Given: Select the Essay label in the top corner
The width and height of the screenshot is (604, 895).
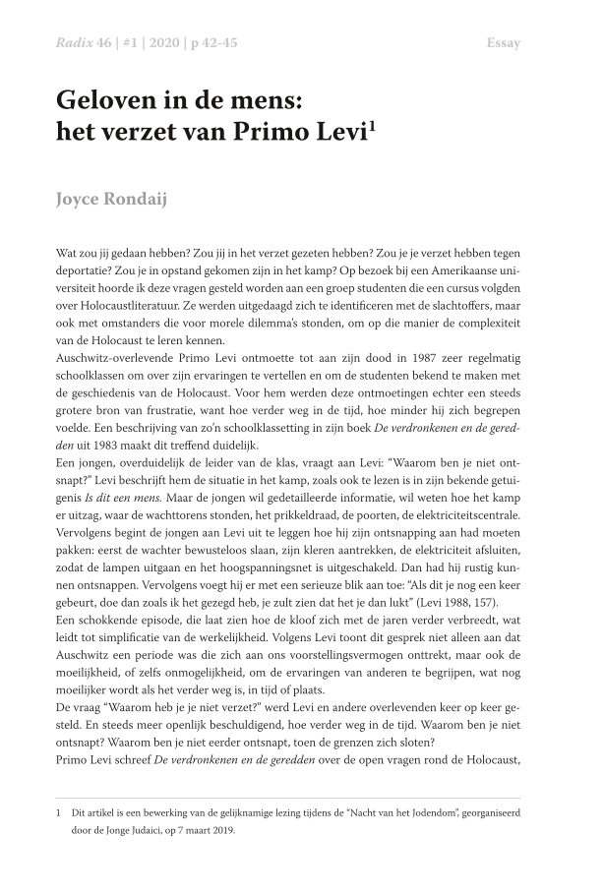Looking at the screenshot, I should (504, 43).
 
